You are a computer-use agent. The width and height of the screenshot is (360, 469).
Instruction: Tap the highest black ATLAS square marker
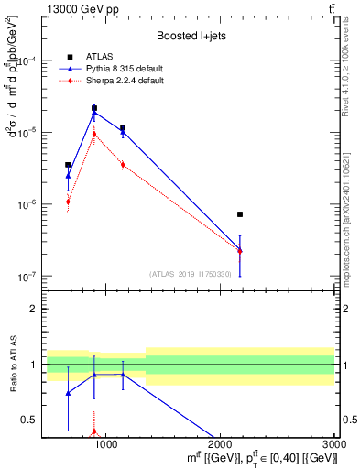[x=94, y=108]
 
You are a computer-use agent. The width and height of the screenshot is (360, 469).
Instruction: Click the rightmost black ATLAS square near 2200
[x=240, y=214]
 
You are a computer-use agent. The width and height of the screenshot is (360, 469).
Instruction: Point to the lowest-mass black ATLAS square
[x=68, y=165]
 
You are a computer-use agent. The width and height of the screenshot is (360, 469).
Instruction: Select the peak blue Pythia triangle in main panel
[x=94, y=113]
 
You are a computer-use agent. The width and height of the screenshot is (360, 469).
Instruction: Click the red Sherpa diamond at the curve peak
[x=94, y=134]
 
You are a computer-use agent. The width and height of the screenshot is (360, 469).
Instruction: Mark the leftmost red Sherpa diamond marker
[x=68, y=202]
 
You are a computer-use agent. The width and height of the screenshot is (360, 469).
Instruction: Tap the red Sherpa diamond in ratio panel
[x=94, y=431]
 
